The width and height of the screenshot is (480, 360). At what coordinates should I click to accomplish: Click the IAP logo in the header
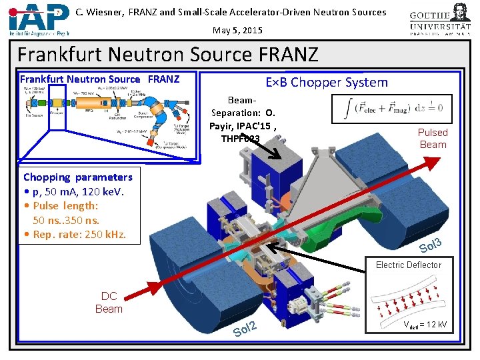[x=39, y=19]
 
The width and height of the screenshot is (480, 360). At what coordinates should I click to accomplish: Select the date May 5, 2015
[x=237, y=30]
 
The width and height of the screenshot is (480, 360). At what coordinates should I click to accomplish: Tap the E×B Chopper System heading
[x=326, y=83]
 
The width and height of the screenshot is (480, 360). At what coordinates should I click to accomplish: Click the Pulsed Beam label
[x=433, y=138]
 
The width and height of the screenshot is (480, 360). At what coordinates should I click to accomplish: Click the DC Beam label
[x=109, y=303]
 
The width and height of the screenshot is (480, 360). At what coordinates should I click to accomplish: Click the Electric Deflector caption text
[x=408, y=265]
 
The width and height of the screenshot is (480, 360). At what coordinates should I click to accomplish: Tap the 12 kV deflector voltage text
[x=425, y=325]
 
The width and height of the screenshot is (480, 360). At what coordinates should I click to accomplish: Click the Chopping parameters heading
[x=78, y=177]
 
